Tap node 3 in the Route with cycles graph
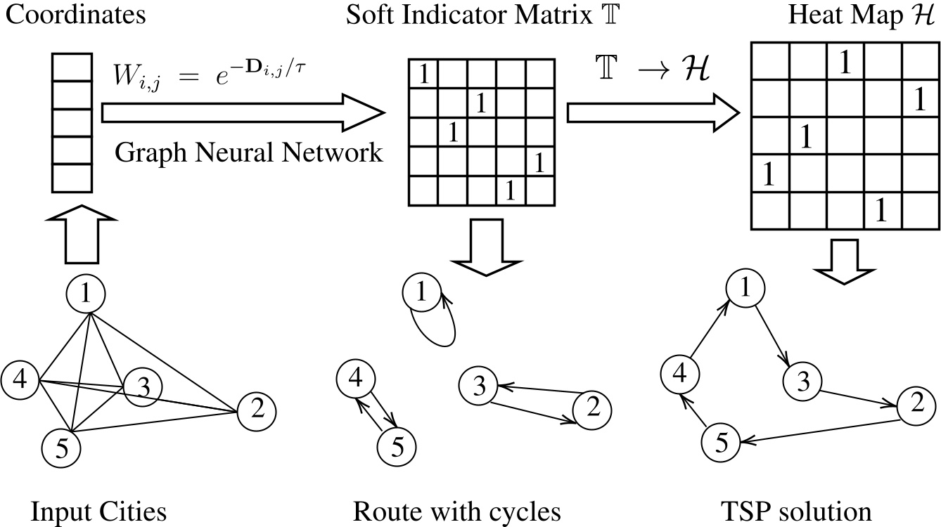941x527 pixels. [479, 385]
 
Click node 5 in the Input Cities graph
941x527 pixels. [61, 445]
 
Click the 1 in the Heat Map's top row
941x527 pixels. [845, 63]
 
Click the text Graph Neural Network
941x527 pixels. [249, 151]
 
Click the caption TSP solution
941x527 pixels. [796, 512]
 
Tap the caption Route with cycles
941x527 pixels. [457, 512]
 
